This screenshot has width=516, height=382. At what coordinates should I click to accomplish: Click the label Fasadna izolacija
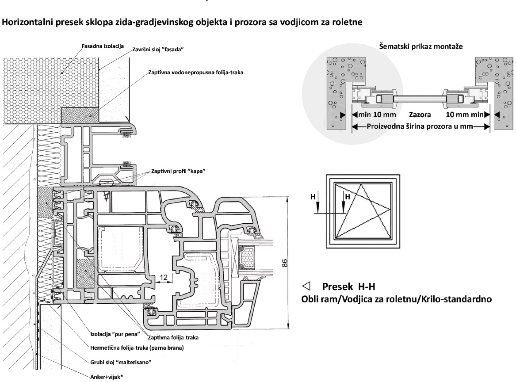[103, 46]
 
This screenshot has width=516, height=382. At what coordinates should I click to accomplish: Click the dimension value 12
[164, 277]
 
